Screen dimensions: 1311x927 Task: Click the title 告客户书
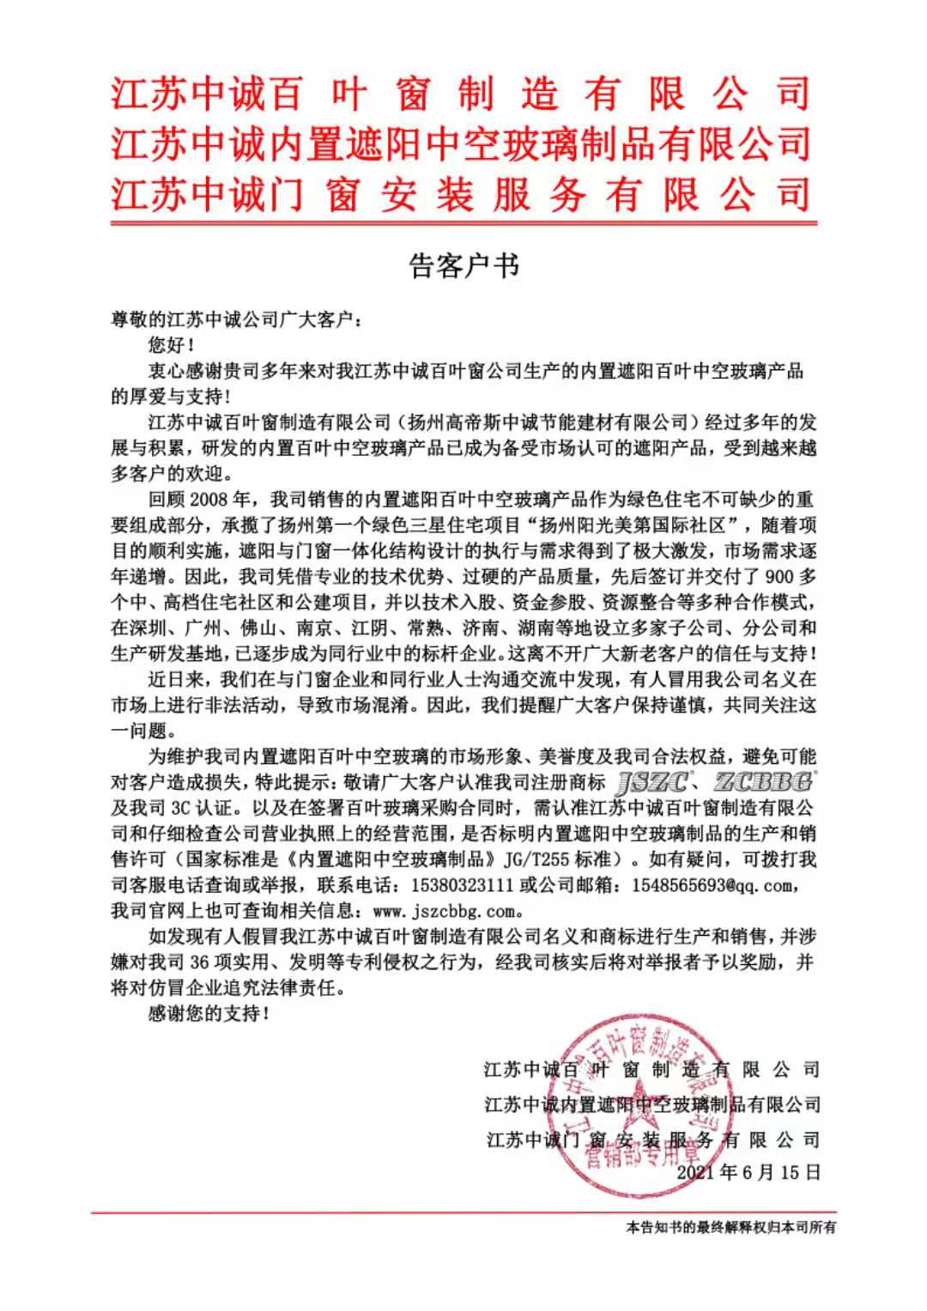463,266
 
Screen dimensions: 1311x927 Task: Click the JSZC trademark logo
652,782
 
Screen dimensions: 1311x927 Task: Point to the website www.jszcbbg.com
445,911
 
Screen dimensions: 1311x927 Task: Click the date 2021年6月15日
748,1172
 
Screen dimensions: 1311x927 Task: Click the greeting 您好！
171,345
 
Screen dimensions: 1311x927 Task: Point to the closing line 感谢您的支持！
209,1013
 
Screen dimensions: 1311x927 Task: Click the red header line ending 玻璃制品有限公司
461,143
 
